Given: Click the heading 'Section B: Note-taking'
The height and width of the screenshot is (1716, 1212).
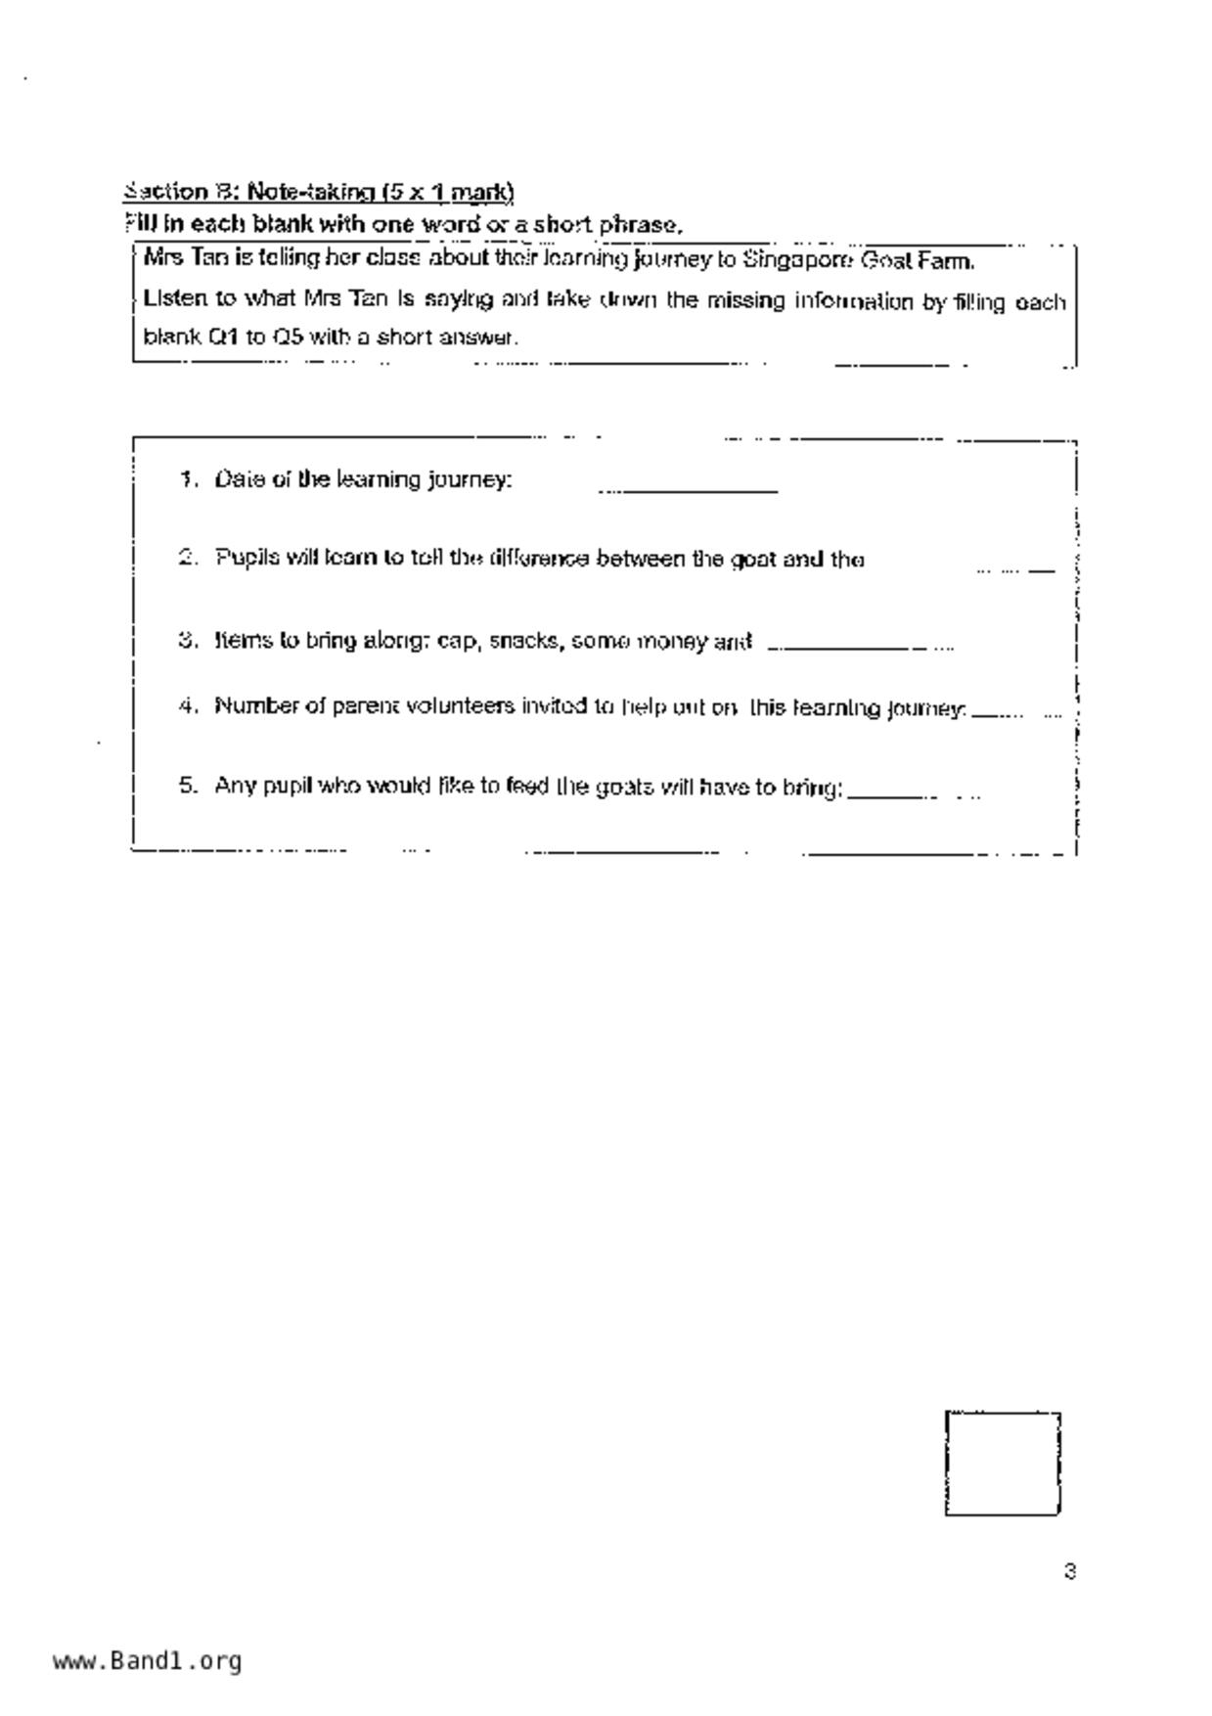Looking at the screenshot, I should pyautogui.click(x=319, y=191).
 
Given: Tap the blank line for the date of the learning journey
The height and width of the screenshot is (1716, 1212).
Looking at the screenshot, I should pyautogui.click(x=688, y=487).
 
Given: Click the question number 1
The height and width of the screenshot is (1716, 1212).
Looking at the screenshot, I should pyautogui.click(x=188, y=479).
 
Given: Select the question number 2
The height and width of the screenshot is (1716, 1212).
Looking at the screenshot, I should pyautogui.click(x=188, y=558).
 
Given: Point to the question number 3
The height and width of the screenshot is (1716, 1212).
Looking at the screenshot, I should pyautogui.click(x=188, y=641).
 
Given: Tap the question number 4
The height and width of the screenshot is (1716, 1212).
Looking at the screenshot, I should pyautogui.click(x=188, y=705).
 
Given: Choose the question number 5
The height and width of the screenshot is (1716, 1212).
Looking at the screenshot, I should pyautogui.click(x=188, y=786).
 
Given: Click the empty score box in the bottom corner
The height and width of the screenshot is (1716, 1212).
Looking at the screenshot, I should pyautogui.click(x=1002, y=1464).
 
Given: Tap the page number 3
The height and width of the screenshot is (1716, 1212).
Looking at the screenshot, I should pyautogui.click(x=1069, y=1571).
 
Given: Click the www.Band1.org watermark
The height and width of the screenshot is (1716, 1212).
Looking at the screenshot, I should pyautogui.click(x=147, y=1660).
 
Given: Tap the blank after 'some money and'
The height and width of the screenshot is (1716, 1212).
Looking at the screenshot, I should pyautogui.click(x=859, y=646).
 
